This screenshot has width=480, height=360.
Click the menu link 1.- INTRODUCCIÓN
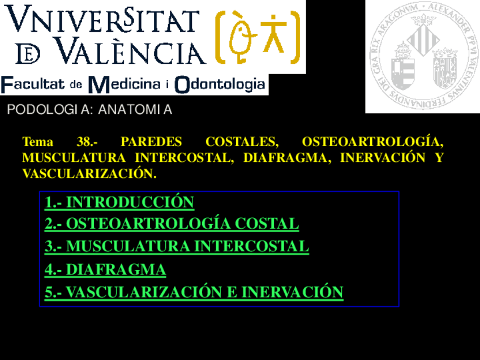[x=119, y=202]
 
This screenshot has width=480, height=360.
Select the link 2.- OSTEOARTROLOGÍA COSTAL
[x=172, y=224]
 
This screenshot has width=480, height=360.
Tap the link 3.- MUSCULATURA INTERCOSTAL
[x=177, y=246]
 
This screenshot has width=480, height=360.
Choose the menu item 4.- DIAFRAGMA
[x=105, y=269]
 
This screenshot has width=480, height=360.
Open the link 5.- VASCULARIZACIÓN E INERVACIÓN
[x=194, y=292]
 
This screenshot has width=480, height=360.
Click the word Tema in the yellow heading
[x=37, y=142]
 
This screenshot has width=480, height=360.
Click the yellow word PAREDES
[x=151, y=142]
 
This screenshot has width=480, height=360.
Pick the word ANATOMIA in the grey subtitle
[x=135, y=110]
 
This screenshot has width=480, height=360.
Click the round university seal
[x=422, y=57]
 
